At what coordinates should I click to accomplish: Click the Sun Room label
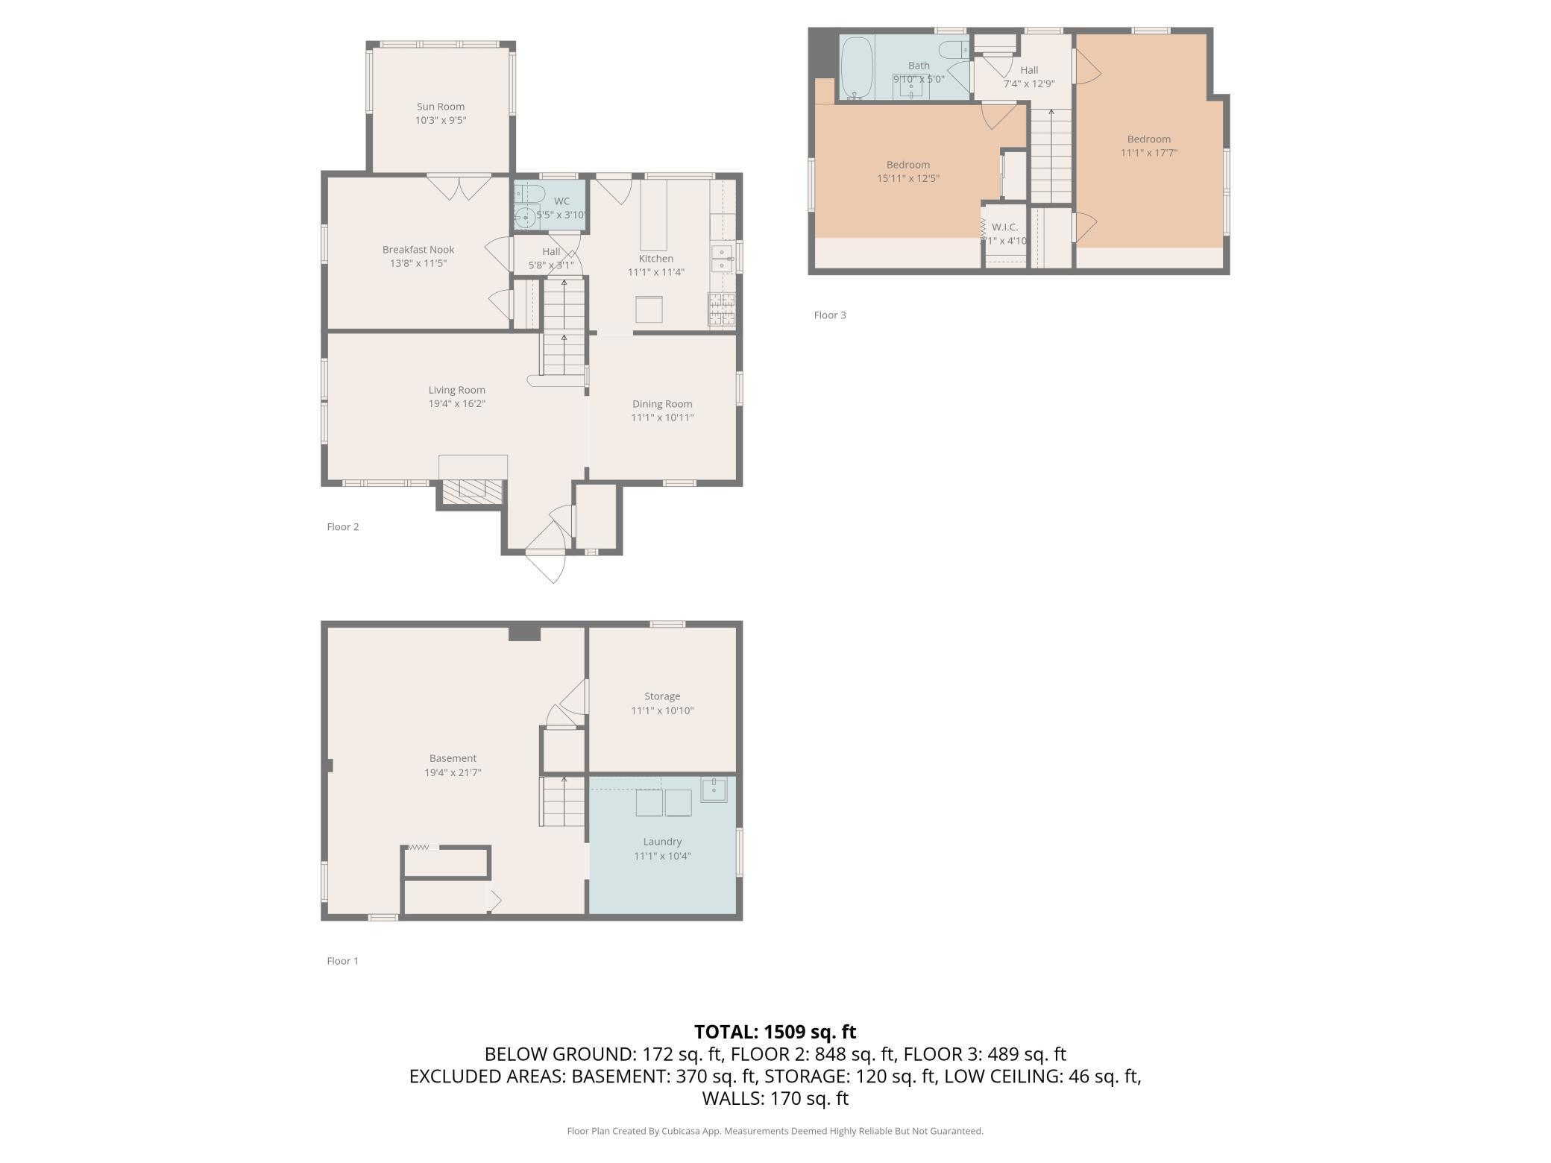pos(441,107)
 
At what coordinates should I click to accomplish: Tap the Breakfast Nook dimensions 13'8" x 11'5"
pos(418,263)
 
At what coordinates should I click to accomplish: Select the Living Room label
pos(456,390)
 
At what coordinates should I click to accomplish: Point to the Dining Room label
pos(662,404)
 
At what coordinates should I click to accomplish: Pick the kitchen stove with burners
pos(721,309)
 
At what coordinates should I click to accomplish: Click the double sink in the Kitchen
pos(721,259)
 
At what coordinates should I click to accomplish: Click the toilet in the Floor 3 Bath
pos(953,50)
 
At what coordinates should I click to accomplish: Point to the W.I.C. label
pos(1004,227)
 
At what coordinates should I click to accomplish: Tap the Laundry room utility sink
pos(714,789)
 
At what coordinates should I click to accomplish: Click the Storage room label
pos(662,696)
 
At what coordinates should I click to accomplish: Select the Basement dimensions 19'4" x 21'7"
pos(453,773)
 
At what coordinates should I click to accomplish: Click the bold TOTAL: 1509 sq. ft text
pos(775,1032)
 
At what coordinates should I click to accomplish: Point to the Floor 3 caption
pos(830,315)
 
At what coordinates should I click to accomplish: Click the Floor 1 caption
pos(343,961)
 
